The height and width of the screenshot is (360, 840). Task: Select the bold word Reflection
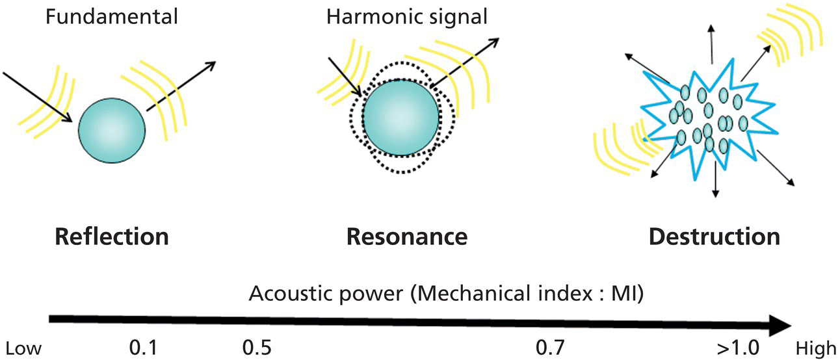point(112,237)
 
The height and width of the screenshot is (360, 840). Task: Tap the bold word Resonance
point(407,237)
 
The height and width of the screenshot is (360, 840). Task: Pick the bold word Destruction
point(714,237)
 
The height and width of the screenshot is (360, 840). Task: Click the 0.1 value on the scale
point(143,348)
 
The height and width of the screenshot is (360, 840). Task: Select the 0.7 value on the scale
point(549,348)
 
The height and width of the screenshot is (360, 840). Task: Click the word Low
point(23,349)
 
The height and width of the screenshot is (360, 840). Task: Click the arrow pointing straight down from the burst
point(715,179)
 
